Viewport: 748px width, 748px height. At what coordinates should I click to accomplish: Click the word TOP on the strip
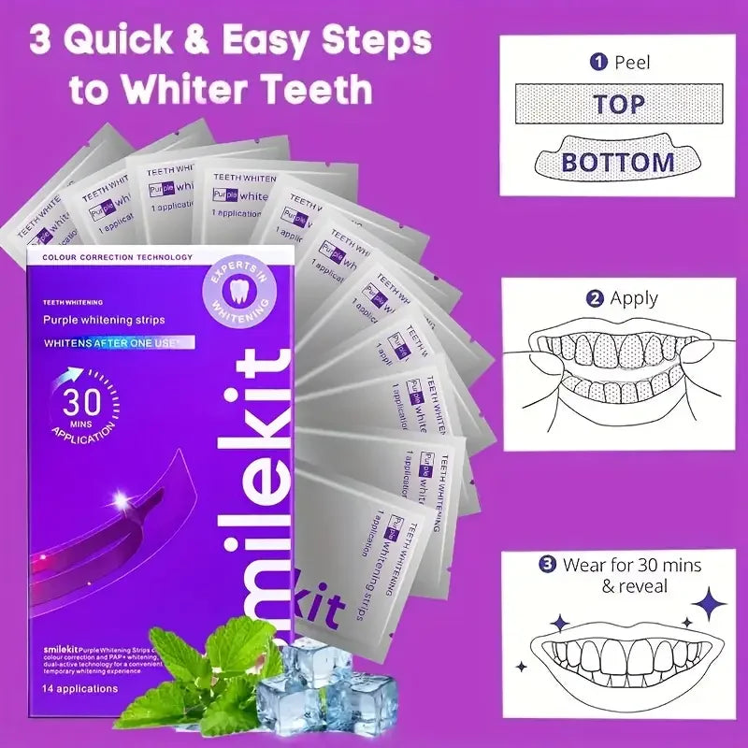click(618, 104)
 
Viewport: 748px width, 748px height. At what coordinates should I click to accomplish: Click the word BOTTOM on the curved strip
click(618, 162)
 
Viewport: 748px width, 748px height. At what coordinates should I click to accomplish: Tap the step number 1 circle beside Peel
click(598, 63)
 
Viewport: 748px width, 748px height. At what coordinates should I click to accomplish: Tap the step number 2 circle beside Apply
click(594, 299)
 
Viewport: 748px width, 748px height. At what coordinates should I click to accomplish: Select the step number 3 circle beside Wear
click(547, 565)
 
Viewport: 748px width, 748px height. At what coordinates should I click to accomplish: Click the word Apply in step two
click(634, 299)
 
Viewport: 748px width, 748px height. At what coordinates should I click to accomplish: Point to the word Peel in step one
click(632, 63)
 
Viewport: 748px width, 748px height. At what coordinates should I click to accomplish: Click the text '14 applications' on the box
click(80, 689)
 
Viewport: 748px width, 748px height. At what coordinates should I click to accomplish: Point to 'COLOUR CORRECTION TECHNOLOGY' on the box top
click(110, 257)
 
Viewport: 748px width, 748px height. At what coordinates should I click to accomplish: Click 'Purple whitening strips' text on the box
click(104, 320)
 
